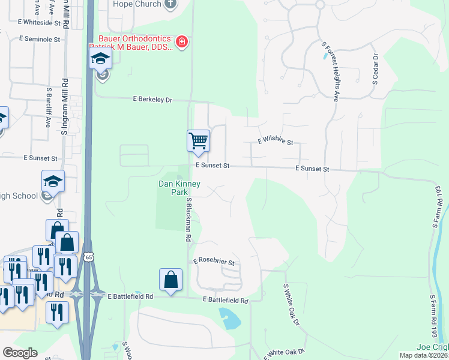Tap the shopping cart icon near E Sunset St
198,141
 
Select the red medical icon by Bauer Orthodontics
181,41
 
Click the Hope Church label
138,4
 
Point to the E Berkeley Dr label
152,100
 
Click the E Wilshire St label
275,142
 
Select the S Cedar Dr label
375,69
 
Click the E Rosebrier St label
213,263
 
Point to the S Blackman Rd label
188,220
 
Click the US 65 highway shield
89,257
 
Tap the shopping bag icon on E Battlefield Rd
170,280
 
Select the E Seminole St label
40,39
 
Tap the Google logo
20,353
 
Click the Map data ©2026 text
423,355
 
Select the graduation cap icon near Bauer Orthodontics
101,59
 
